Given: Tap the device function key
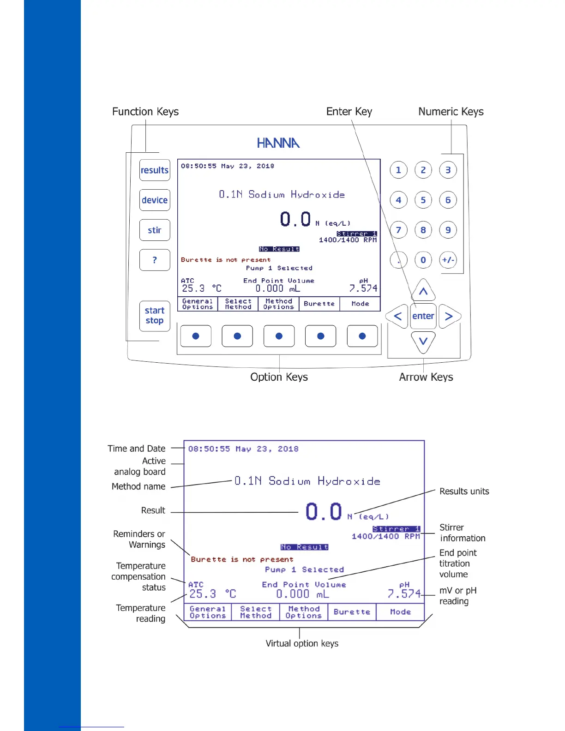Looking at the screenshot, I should coord(155,200).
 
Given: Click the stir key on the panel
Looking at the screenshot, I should coord(155,230).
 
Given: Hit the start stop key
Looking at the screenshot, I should coord(155,316).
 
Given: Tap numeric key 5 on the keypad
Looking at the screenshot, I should coord(423,200).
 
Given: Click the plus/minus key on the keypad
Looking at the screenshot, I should coord(448,260).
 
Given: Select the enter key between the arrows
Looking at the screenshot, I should coord(423,316).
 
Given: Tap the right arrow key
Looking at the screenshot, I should coord(449,316).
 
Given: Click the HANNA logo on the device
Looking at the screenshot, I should coord(278,143).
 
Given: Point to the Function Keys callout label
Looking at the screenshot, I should coord(145,112).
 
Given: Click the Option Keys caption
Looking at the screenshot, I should coord(279,377).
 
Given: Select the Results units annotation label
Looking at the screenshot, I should coord(464,491).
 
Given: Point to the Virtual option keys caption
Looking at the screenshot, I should coord(302,643).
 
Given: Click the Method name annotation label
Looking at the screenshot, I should coord(138,486).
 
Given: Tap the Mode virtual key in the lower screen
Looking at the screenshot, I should coord(400,612).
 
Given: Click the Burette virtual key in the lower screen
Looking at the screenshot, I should coord(352,612).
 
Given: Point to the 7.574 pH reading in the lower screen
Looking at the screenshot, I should coord(404,594).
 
